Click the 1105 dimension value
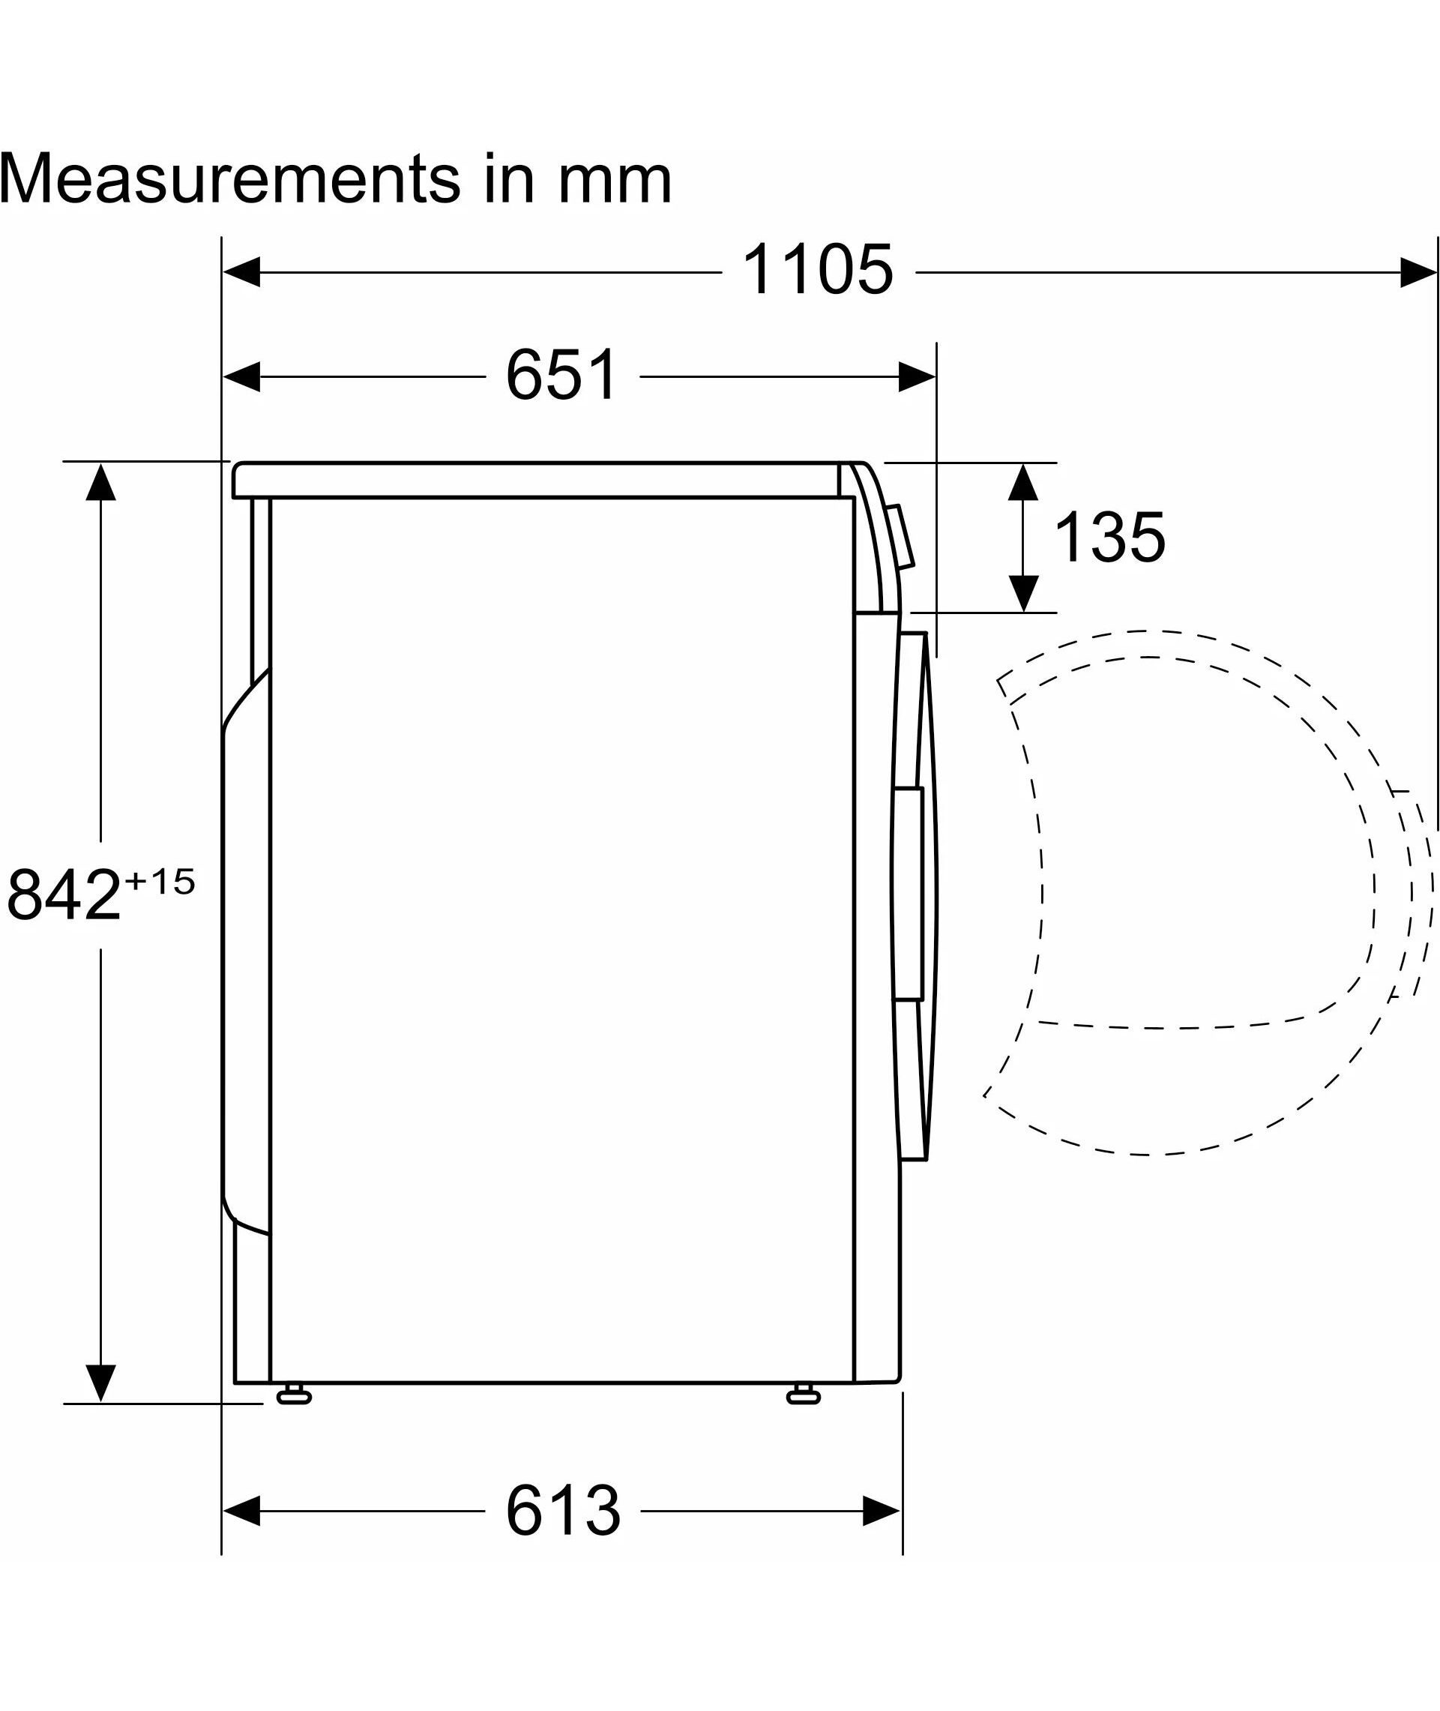tap(817, 269)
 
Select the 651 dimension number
tap(562, 375)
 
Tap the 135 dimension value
tap(1110, 537)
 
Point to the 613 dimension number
tap(563, 1511)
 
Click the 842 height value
tap(64, 895)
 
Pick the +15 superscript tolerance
tap(160, 882)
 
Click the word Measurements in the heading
tap(230, 178)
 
